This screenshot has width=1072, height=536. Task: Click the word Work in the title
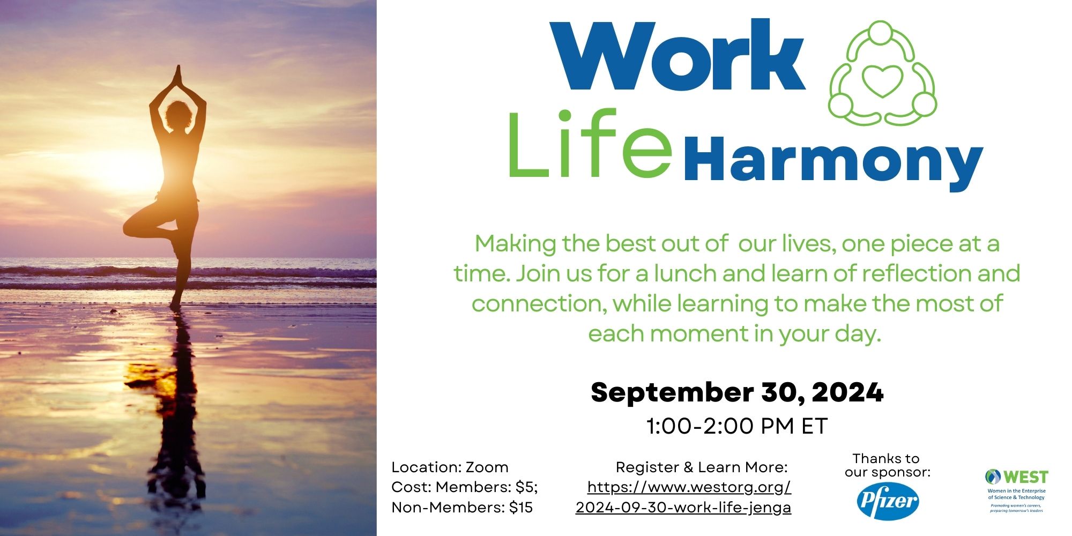click(677, 55)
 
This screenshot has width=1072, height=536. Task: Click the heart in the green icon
click(881, 80)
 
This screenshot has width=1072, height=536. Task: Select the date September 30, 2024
click(737, 392)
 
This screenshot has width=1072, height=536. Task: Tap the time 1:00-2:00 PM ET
click(737, 426)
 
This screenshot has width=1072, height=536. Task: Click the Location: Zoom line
click(450, 467)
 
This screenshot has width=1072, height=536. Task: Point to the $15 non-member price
click(520, 508)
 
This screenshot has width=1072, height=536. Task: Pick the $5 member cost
click(526, 487)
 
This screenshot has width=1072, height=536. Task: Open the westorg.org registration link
click(683, 497)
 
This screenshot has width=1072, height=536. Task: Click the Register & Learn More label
click(702, 467)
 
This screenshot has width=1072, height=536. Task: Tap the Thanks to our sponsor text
click(887, 465)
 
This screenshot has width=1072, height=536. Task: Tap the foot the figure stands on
click(175, 306)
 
